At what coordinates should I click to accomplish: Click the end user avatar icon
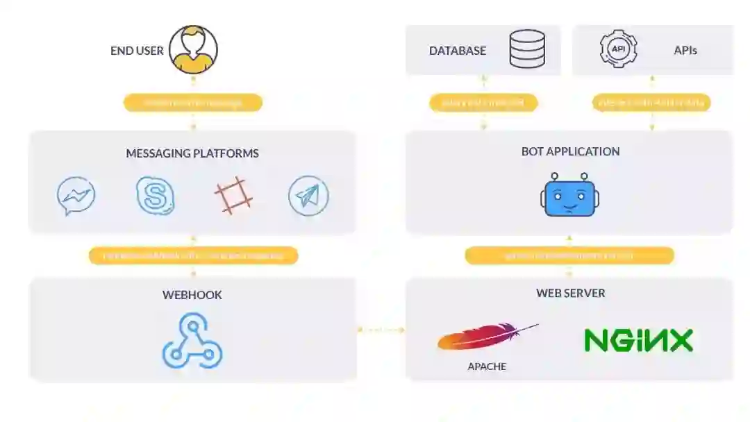(x=193, y=50)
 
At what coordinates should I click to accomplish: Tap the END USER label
(x=137, y=51)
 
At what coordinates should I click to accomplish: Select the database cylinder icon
(x=527, y=49)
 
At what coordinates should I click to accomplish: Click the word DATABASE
(x=457, y=51)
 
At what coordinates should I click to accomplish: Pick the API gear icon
(x=617, y=49)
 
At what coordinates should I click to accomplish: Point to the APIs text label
(x=685, y=51)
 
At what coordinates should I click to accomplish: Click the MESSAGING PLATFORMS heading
(x=192, y=153)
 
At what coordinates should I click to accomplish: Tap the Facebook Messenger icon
(x=76, y=196)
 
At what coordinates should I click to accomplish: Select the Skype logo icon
(x=155, y=196)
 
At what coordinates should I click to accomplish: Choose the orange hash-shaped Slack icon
(x=233, y=195)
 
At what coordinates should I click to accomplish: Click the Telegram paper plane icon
(x=308, y=196)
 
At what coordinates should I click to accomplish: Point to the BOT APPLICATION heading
(x=570, y=151)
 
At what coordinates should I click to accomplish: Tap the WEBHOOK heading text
(x=192, y=295)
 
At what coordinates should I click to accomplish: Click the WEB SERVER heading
(x=570, y=293)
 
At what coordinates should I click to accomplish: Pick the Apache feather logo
(x=486, y=337)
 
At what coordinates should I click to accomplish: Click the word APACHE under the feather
(x=487, y=366)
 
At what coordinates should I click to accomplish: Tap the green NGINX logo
(x=638, y=340)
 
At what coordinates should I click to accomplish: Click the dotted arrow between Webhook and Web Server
(x=381, y=330)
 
